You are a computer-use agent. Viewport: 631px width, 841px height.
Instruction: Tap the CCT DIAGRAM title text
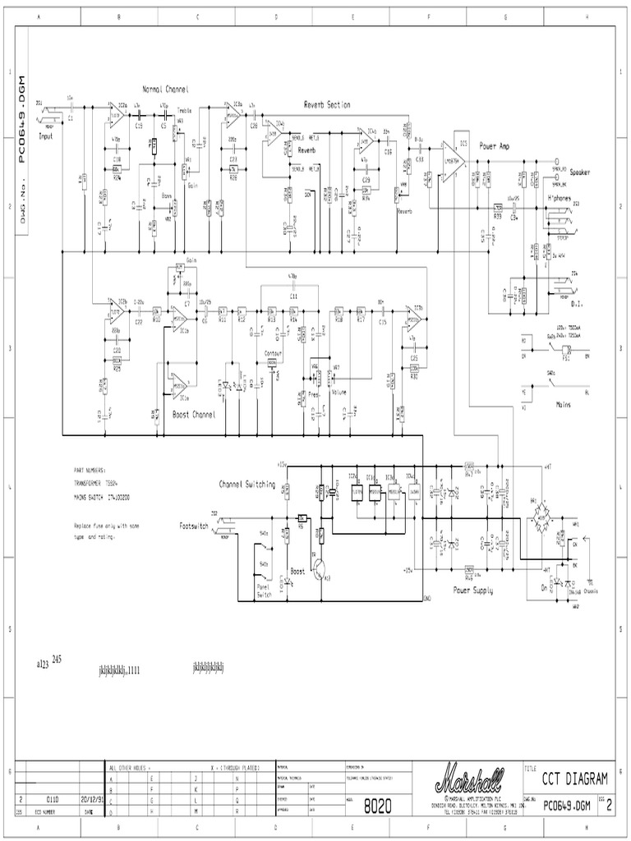click(x=575, y=778)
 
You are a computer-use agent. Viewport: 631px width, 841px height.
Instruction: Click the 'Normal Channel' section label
click(x=164, y=89)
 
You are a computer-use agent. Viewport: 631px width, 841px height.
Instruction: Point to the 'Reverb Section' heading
click(x=327, y=105)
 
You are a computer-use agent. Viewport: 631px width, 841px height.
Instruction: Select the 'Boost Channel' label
click(x=194, y=415)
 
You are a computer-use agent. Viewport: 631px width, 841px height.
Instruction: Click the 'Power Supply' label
click(x=473, y=590)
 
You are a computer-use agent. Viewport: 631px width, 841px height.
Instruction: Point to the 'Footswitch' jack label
click(x=194, y=524)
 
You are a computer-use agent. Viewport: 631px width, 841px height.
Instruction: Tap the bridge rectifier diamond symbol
click(x=541, y=511)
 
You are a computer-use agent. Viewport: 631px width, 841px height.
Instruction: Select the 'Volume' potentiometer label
click(x=339, y=392)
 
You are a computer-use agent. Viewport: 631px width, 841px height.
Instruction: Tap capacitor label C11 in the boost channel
click(x=293, y=293)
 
